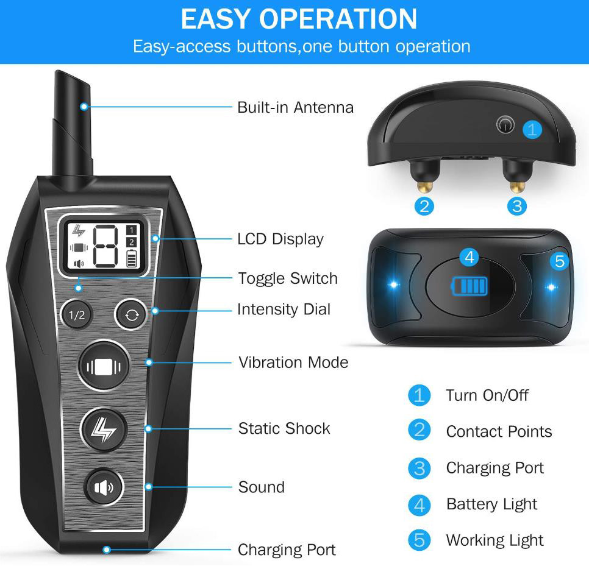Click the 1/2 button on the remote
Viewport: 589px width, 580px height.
[x=77, y=314]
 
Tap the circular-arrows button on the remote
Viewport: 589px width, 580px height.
[x=132, y=314]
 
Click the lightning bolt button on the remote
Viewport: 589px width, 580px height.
[x=104, y=429]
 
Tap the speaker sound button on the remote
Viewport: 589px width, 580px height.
[x=104, y=487]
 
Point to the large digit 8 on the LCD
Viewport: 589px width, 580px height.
[x=105, y=246]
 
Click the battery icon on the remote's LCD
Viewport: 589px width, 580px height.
[x=132, y=259]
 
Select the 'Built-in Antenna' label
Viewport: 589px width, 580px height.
[x=295, y=107]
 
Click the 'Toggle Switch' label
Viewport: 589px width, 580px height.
[x=288, y=278]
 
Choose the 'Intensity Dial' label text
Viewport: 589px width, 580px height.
[x=284, y=309]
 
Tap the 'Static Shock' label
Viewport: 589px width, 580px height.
[x=284, y=428]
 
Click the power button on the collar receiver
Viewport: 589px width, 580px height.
[x=505, y=124]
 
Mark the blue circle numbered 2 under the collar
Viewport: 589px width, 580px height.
[x=424, y=206]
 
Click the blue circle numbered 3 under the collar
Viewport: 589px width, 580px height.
[x=517, y=206]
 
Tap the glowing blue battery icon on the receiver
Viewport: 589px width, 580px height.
[x=469, y=286]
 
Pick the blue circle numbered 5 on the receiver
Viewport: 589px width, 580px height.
[x=559, y=261]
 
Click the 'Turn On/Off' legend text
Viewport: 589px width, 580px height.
[x=487, y=395]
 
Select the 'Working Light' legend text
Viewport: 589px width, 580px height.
[x=494, y=540]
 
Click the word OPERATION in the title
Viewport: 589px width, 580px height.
[x=338, y=19]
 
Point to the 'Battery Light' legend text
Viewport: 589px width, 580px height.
[x=491, y=504]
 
